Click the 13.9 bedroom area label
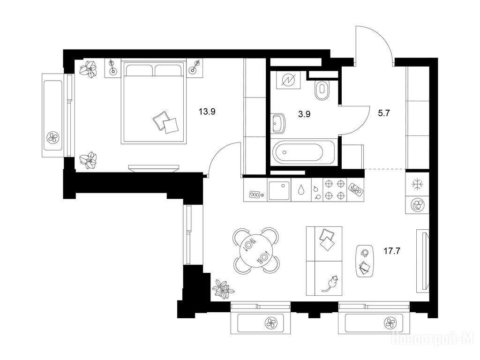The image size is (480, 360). [x=207, y=112]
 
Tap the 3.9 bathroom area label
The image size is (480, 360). [x=304, y=114]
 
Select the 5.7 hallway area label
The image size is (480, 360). [x=383, y=113]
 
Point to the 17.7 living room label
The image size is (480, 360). [x=392, y=251]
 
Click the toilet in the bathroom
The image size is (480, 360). [x=322, y=90]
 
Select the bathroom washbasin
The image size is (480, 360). [x=278, y=123]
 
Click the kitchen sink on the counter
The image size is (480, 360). [x=278, y=190]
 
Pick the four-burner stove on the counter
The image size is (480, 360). [x=335, y=190]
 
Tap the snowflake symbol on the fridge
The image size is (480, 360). [x=417, y=185]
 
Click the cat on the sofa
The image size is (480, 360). [x=330, y=284]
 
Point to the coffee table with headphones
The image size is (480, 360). [x=365, y=261]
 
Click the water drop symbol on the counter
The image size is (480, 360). [x=302, y=190]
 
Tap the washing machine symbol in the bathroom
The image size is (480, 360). [x=288, y=80]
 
